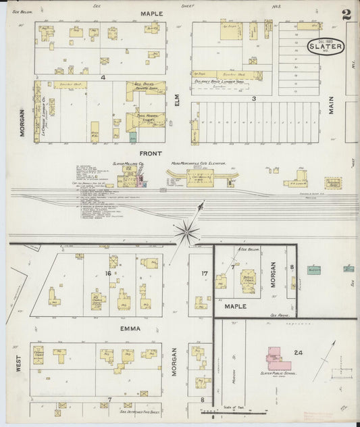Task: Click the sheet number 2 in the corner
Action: [346, 14]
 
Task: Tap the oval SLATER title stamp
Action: [326, 47]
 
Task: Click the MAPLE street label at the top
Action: [153, 14]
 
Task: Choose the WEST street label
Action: [20, 364]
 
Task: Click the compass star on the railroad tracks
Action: [186, 232]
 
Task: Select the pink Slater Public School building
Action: [278, 358]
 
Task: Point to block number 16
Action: [107, 273]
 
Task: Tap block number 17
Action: [203, 274]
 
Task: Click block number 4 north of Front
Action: [103, 78]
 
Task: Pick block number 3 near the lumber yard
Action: [254, 99]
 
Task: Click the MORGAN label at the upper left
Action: [22, 122]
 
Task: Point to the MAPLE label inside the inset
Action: [240, 306]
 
